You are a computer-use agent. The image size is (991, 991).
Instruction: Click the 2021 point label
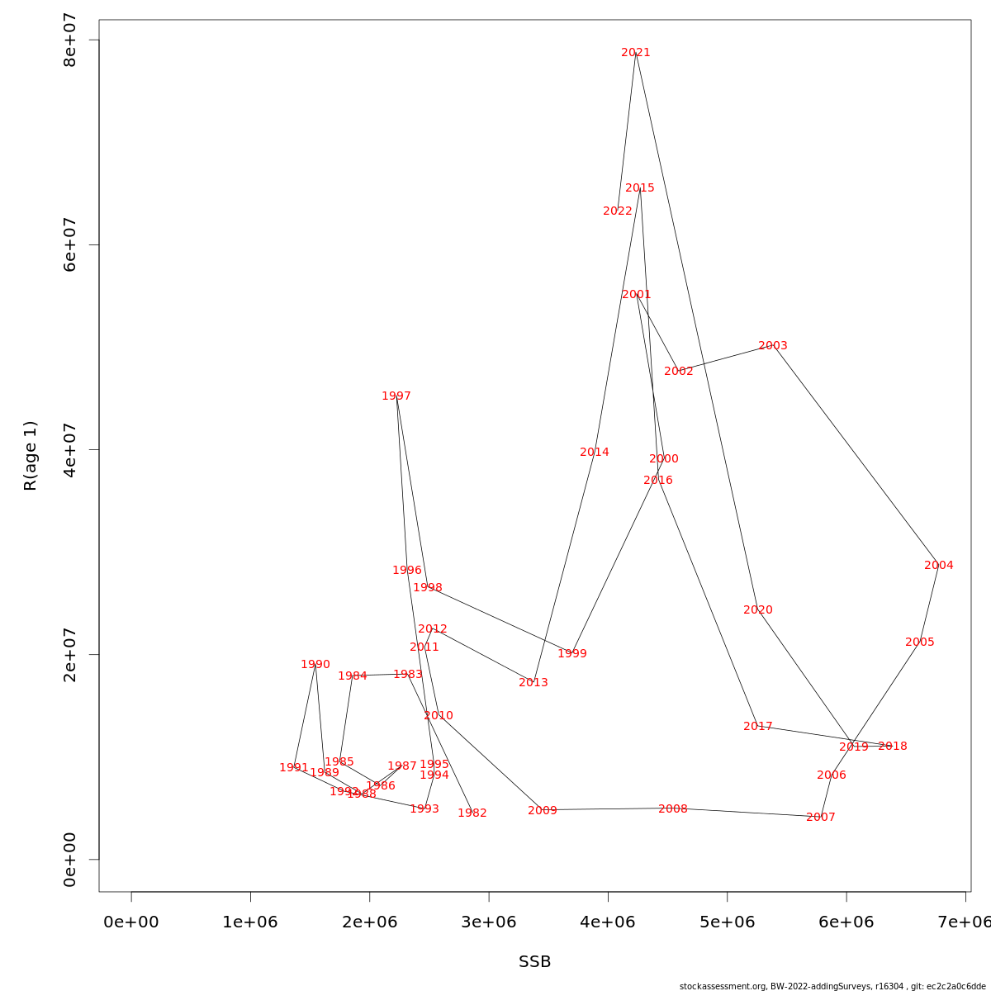(636, 53)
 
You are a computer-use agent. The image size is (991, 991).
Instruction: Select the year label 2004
(938, 566)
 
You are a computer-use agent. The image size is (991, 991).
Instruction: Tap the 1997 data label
(396, 396)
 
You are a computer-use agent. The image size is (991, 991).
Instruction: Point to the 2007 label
(821, 818)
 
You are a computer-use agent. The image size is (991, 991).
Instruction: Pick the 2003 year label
(773, 346)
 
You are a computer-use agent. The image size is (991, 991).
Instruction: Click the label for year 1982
(472, 813)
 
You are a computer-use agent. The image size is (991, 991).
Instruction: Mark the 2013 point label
(533, 683)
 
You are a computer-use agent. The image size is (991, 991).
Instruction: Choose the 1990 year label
(315, 665)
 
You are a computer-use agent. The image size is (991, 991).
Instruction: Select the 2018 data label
(892, 747)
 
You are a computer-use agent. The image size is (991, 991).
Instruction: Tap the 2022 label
(618, 211)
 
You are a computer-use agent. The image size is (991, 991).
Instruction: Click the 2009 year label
(543, 811)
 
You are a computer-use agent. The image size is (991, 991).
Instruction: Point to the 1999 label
(572, 654)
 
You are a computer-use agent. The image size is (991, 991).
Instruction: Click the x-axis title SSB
(535, 962)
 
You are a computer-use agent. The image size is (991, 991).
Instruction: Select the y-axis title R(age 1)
(31, 456)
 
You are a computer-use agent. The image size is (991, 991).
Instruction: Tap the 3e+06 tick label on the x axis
(489, 922)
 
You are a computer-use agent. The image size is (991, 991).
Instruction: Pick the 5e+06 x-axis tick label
(728, 922)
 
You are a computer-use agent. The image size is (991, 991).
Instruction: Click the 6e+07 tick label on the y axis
(70, 244)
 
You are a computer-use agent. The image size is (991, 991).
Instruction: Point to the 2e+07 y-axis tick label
(70, 654)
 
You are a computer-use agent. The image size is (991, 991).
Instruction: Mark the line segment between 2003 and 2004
(856, 453)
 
